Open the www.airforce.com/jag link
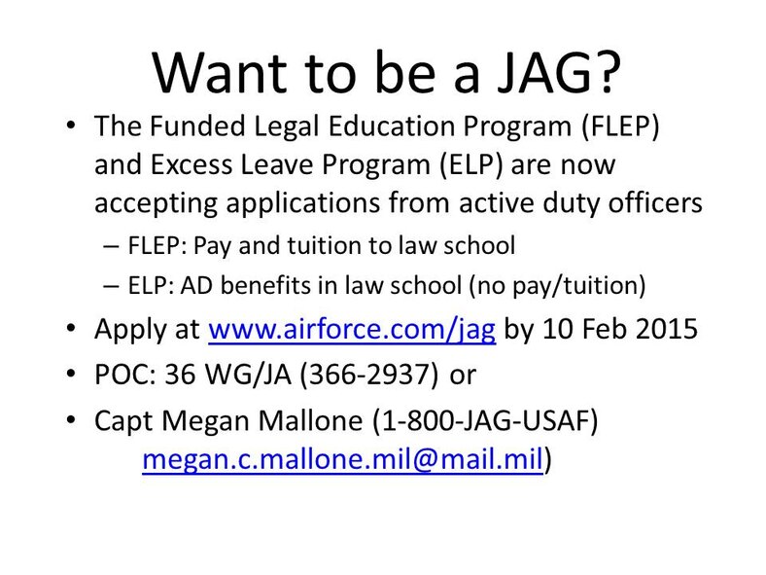coord(353,330)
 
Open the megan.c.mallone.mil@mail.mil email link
coord(341,459)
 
